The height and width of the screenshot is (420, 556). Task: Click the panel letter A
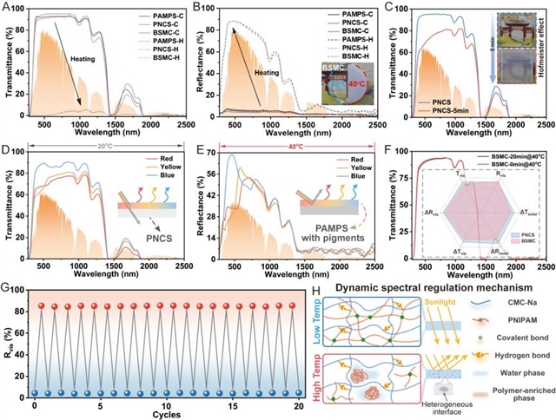(7, 7)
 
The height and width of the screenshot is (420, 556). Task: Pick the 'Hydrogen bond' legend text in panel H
(516, 355)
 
